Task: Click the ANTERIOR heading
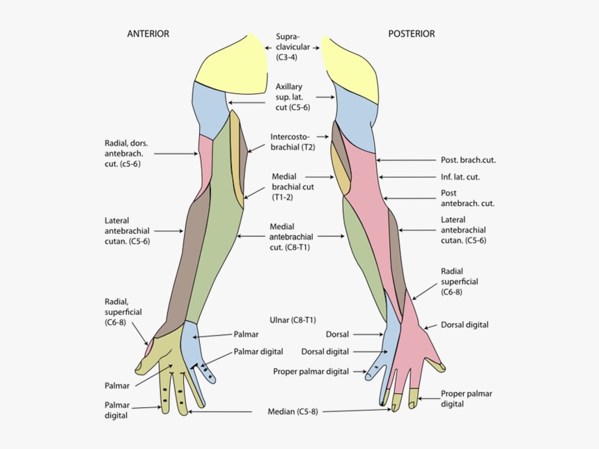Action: pos(148,33)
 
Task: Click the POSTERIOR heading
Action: pos(411,33)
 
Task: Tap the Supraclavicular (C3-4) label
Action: pos(292,48)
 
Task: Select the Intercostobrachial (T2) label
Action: pos(293,142)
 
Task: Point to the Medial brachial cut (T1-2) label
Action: pos(293,187)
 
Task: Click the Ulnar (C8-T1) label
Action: pos(293,320)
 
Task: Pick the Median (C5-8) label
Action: pos(293,411)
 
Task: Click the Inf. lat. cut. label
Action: pos(460,177)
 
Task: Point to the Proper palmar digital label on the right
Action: pos(467,398)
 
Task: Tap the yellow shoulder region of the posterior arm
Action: pos(352,66)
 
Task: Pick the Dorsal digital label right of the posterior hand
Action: pos(465,324)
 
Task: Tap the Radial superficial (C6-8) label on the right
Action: pos(459,281)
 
